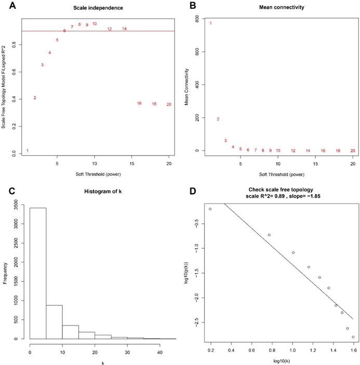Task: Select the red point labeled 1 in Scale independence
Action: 28,151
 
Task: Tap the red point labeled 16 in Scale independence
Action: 139,103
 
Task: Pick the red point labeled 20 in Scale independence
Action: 169,104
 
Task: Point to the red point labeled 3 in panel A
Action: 42,65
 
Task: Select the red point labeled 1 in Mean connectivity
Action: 210,23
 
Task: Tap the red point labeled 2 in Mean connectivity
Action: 218,119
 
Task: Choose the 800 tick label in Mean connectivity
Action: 196,19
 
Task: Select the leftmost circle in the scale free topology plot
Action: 210,209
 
